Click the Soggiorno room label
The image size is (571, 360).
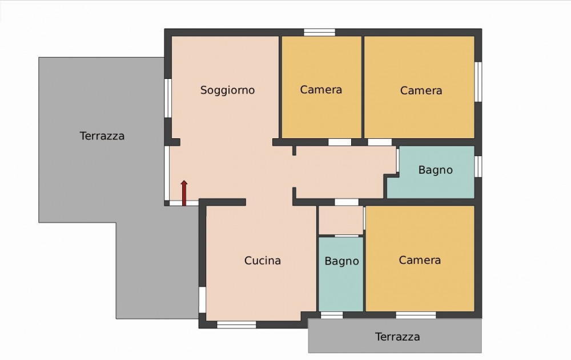[227, 90]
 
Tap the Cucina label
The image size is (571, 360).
[262, 261]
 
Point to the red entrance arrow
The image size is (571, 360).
[184, 193]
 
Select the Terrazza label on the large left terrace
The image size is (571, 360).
[102, 136]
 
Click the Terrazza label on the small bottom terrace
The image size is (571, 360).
[397, 337]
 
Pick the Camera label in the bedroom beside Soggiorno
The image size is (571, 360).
[321, 90]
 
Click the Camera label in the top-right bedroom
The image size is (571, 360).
[421, 90]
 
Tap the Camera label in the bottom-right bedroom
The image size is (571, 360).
[420, 260]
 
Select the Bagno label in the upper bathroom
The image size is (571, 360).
[435, 170]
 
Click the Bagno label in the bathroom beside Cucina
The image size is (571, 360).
[341, 261]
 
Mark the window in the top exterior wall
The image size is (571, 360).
[319, 33]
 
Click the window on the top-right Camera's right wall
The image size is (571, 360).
[478, 82]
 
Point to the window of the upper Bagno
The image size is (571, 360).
[478, 166]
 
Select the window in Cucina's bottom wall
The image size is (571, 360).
[236, 325]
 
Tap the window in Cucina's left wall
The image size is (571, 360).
[202, 299]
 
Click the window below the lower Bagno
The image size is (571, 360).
[332, 315]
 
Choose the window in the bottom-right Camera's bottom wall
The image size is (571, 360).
[416, 315]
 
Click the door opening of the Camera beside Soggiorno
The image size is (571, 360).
[340, 142]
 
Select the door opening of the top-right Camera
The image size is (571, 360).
[380, 142]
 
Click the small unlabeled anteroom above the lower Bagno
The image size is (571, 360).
[341, 220]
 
